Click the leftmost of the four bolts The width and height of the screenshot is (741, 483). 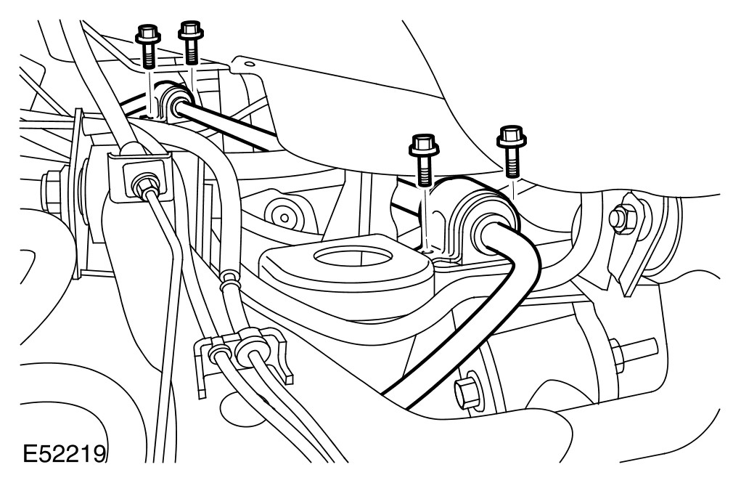[x=145, y=45]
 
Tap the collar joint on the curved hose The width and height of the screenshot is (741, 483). [x=229, y=278]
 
